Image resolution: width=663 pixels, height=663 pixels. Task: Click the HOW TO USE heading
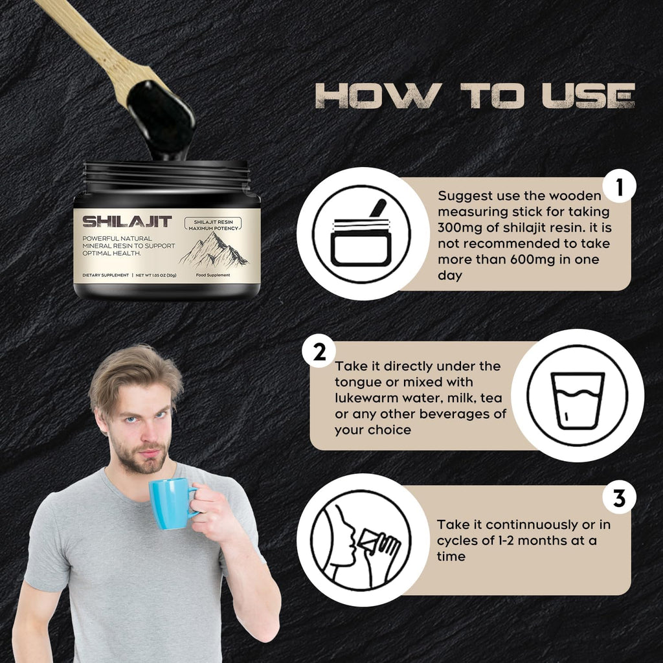pos(475,95)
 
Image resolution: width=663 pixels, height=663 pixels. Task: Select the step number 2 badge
pos(319,354)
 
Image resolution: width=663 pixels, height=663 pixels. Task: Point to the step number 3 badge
pos(619,499)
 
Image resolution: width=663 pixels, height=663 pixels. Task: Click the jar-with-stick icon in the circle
pos(361,234)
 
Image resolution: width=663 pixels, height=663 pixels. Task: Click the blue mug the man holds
pos(170,503)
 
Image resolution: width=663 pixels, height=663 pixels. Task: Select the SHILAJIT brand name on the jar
pos(128,222)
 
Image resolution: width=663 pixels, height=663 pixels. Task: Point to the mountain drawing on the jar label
pos(214,250)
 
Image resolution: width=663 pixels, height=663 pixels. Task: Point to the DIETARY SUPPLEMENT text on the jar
pos(105,275)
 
